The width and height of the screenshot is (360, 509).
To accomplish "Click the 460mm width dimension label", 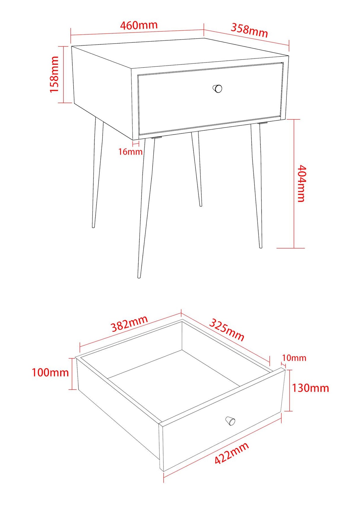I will click(x=138, y=25).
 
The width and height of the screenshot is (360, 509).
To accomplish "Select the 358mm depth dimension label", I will click(x=249, y=30).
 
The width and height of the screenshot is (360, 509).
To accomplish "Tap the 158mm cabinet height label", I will click(x=54, y=74).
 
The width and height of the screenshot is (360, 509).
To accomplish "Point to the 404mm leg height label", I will click(x=301, y=184).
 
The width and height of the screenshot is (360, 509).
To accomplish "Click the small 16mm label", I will click(x=130, y=152).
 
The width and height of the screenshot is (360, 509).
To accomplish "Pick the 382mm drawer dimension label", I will click(x=129, y=323).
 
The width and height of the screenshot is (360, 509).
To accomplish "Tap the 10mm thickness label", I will click(x=294, y=358).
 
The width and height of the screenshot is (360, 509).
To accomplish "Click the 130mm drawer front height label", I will click(x=310, y=388).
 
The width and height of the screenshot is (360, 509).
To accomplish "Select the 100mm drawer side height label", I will click(x=50, y=372).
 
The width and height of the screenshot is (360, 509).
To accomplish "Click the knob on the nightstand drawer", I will click(x=218, y=89).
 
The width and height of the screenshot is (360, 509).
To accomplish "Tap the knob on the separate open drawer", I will click(x=230, y=421).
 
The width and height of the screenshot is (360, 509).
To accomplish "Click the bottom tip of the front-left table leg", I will click(x=139, y=277).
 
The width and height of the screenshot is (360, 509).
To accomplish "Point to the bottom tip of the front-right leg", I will click(x=261, y=247).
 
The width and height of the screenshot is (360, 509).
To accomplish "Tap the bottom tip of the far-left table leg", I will click(x=93, y=226).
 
